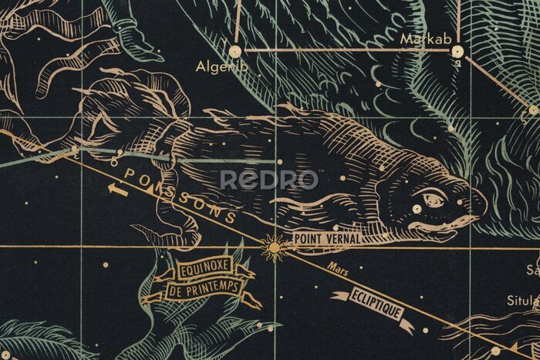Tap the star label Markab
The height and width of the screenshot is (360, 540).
click(421, 38)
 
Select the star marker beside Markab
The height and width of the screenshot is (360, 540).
click(457, 52)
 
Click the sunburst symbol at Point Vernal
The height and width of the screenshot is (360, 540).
click(273, 247)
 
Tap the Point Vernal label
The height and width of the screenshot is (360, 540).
click(327, 239)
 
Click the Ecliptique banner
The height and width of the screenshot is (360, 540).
click(376, 304)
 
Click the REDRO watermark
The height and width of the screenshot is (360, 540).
click(269, 180)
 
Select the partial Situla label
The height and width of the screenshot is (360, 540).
click(528, 299)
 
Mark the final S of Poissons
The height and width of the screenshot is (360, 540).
click(230, 217)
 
